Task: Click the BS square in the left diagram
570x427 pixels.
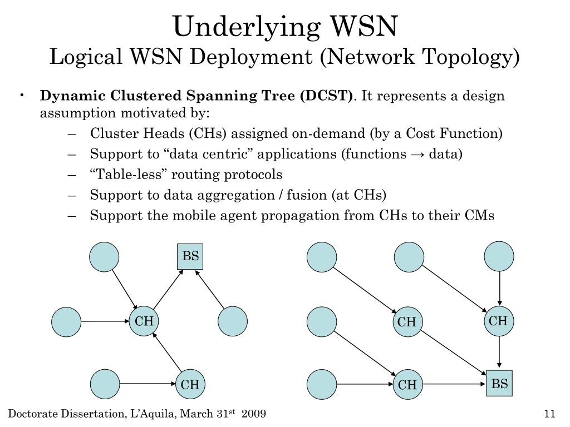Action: click(190, 257)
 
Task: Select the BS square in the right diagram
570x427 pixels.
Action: click(499, 384)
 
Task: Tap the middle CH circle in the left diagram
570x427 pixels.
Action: click(144, 321)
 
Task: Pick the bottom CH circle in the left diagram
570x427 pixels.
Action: click(190, 385)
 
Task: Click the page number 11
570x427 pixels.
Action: click(549, 414)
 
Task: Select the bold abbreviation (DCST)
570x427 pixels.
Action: click(326, 96)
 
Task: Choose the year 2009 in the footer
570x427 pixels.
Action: click(254, 414)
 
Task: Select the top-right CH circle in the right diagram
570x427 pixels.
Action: click(498, 321)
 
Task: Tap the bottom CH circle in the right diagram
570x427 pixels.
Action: click(407, 385)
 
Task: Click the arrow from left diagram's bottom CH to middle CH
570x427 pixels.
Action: click(168, 354)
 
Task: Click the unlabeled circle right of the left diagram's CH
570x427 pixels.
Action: click(233, 321)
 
